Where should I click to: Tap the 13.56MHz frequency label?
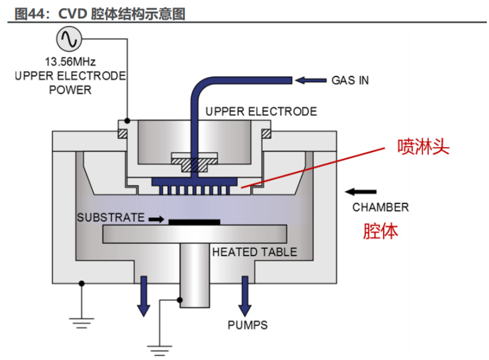(70, 62)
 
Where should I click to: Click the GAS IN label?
(350, 81)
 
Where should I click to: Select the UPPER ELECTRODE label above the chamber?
(261, 112)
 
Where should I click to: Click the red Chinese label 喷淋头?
(423, 147)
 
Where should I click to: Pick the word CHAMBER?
(380, 207)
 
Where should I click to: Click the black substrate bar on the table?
(194, 222)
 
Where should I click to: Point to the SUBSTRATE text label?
(110, 217)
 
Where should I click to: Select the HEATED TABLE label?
(255, 252)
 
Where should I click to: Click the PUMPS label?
(247, 325)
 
